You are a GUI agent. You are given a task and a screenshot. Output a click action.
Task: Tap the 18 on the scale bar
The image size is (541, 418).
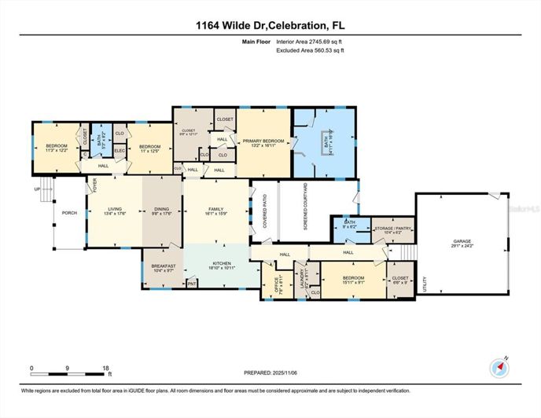click(x=105, y=368)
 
